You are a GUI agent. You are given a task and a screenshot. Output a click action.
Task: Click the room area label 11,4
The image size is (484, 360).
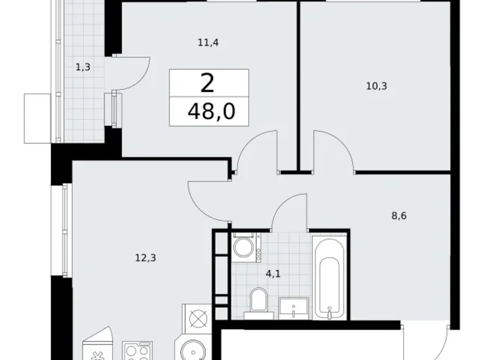click(209, 43)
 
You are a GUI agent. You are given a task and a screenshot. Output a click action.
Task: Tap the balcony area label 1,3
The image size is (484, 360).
click(83, 68)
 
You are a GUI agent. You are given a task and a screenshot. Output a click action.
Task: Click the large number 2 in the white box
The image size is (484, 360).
click(207, 84)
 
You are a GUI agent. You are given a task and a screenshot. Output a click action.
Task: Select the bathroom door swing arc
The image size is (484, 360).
click(290, 211)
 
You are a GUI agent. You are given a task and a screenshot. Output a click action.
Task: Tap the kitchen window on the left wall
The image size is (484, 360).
click(65, 230)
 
